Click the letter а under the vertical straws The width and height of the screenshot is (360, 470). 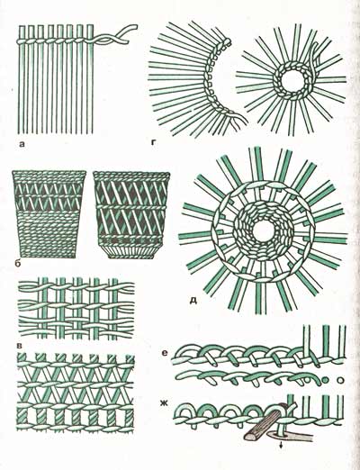coord(22,145)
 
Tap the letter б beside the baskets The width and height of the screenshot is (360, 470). coord(17,264)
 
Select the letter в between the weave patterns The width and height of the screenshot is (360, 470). coord(20,346)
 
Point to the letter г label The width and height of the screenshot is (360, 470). coord(154,143)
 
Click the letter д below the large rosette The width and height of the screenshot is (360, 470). coord(193,301)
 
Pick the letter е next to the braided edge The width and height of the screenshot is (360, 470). coord(164,354)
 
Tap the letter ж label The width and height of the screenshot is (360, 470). coord(164,403)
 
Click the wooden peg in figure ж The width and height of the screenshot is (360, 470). coord(264,423)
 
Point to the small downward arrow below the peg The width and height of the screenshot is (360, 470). coord(281,447)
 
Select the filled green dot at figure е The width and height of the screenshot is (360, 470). coord(324,380)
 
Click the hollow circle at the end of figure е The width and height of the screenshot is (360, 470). coord(340,380)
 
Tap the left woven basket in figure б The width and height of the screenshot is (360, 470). coord(49,214)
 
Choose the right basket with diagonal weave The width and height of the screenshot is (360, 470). coord(131,214)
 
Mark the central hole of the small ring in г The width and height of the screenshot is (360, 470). coord(291,80)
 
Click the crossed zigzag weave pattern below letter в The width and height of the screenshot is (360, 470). coord(76,393)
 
